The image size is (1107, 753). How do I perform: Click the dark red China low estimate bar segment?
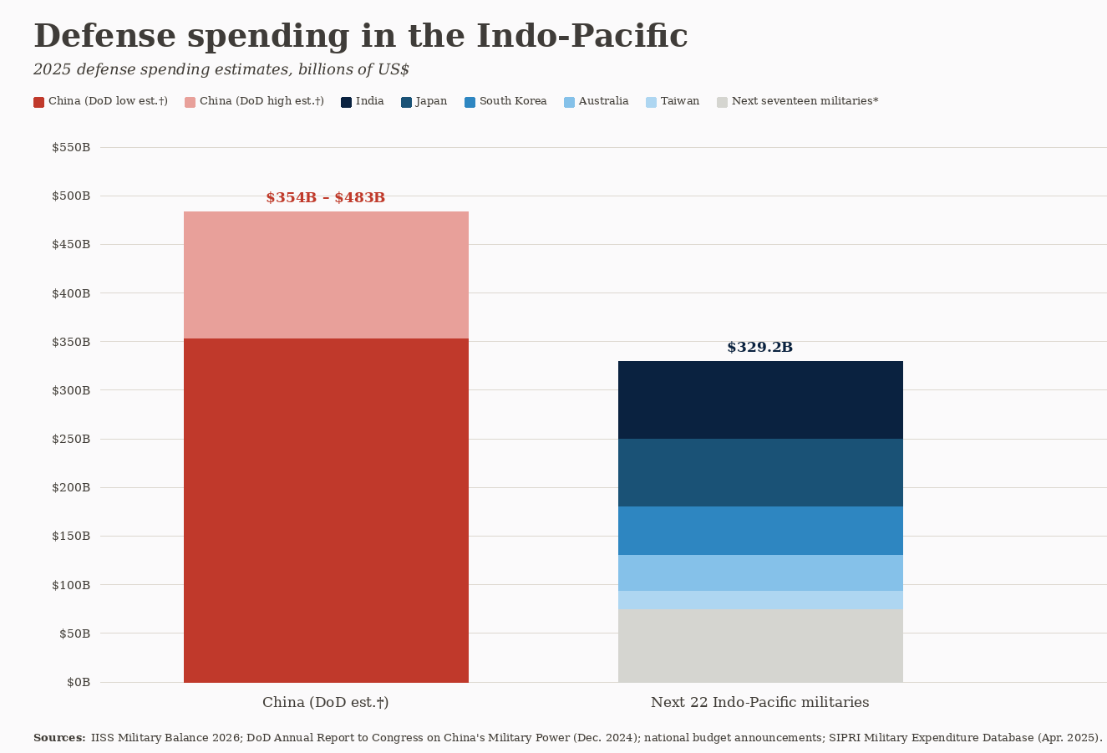[326, 510]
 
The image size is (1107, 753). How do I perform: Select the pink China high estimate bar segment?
[326, 275]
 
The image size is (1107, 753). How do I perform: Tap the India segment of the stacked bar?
[760, 399]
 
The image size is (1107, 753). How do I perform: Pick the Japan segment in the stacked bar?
[760, 472]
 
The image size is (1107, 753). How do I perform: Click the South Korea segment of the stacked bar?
[760, 531]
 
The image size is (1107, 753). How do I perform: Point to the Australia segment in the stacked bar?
[760, 572]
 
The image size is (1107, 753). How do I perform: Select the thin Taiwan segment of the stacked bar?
[760, 600]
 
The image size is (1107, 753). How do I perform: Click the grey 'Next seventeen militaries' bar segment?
[760, 645]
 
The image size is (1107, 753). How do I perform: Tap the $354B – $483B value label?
[326, 198]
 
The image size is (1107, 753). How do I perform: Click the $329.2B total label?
[760, 348]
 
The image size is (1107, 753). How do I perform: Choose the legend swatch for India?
[346, 102]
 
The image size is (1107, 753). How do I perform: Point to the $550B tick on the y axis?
[71, 148]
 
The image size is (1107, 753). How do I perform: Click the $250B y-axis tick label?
[71, 440]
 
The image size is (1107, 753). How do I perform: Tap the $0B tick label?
[79, 683]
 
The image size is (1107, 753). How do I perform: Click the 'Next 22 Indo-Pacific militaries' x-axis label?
[760, 703]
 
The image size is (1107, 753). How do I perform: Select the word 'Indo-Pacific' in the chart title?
[581, 37]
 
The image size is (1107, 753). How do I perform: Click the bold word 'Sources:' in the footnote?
[59, 738]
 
